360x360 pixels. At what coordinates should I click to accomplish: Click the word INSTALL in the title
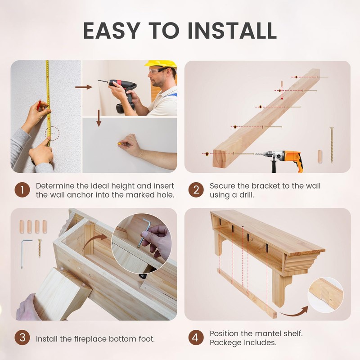click(x=232, y=30)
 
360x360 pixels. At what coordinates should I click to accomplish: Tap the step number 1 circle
click(x=22, y=190)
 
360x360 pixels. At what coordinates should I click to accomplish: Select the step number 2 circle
click(x=196, y=190)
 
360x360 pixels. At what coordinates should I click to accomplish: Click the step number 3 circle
click(x=22, y=337)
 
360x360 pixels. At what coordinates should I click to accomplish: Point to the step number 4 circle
click(x=196, y=337)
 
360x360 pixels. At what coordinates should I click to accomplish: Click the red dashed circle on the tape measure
click(x=52, y=133)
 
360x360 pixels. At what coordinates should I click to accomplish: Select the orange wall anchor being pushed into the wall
click(x=119, y=144)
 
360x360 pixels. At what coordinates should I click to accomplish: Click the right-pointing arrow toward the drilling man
click(x=84, y=87)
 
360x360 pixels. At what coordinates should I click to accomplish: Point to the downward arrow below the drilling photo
click(x=99, y=118)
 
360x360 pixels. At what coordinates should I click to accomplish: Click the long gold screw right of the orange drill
click(x=332, y=145)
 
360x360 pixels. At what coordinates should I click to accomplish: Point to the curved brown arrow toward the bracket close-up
click(x=294, y=311)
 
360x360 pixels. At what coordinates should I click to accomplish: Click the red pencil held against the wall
click(x=39, y=104)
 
